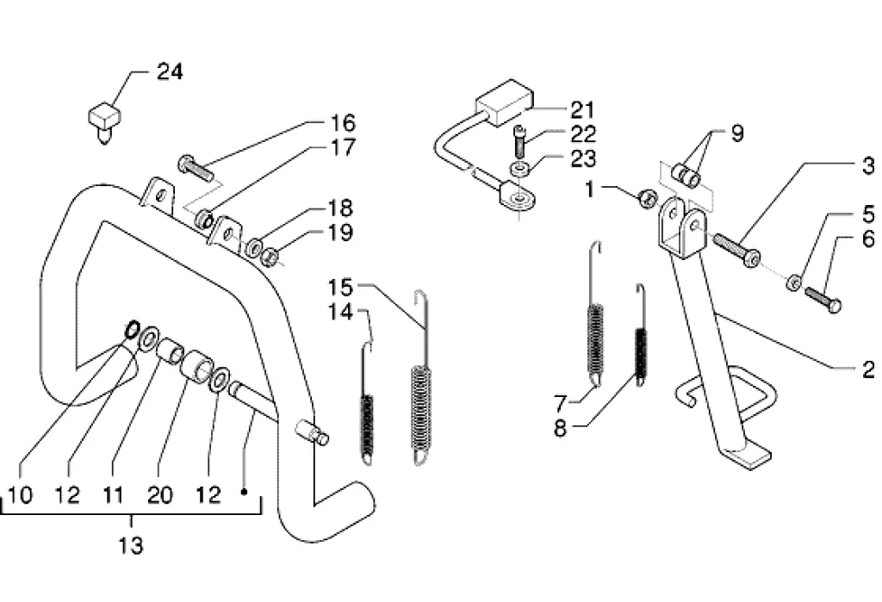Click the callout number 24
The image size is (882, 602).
click(170, 72)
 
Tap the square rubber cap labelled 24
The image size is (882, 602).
click(104, 121)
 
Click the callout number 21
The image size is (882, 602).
click(583, 109)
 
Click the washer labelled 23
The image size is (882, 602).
click(518, 168)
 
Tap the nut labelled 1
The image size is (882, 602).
click(648, 198)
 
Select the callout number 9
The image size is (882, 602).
click(736, 133)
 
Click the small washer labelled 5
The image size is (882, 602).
click(794, 282)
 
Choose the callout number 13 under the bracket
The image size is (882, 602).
click(131, 545)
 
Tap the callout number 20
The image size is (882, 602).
click(159, 495)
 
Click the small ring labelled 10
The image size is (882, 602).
click(132, 329)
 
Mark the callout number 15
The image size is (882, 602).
click(341, 288)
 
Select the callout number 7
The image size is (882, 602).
click(559, 403)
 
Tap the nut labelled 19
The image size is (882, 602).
click(270, 258)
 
